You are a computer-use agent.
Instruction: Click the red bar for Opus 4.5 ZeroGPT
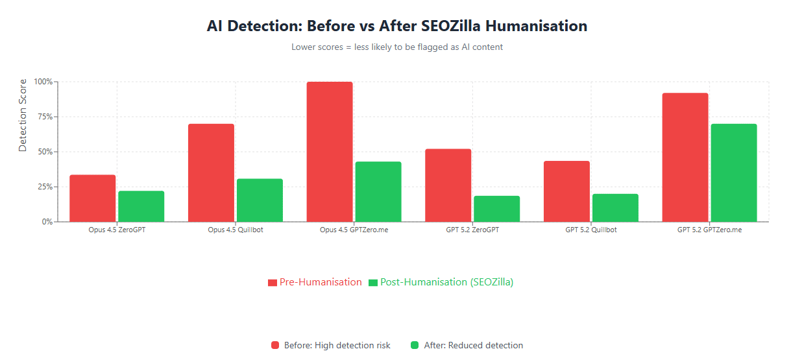93,198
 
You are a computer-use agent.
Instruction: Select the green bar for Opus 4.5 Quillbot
260,200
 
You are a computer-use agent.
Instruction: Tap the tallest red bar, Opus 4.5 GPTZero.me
330,152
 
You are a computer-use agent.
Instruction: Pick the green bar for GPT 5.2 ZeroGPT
496,209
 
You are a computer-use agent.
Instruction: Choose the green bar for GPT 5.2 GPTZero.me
734,173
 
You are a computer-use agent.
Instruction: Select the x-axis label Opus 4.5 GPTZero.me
354,230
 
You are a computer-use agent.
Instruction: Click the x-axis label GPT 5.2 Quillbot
590,230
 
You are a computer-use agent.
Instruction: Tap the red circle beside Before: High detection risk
275,345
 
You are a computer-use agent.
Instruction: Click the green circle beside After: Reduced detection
415,345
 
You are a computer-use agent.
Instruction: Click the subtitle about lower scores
396,47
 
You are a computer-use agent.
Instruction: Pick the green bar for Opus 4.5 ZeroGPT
141,206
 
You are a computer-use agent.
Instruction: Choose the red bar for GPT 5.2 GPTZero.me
685,158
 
